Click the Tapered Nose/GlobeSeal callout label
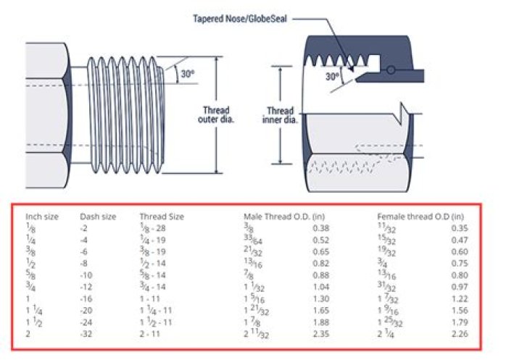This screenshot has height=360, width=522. (x=240, y=18)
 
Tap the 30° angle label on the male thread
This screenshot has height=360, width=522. (x=188, y=74)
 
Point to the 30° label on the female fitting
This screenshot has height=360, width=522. (x=333, y=77)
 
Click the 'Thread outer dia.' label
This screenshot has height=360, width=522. (x=216, y=114)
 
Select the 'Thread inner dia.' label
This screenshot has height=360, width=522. (x=280, y=115)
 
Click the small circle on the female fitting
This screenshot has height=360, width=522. (x=391, y=70)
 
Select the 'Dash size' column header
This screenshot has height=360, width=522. (x=98, y=217)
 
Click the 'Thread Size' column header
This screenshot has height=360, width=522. (x=162, y=217)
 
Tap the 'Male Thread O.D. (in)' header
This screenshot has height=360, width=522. (x=284, y=217)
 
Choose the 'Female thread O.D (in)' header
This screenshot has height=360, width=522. (x=420, y=217)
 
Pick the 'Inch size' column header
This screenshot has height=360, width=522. (x=42, y=217)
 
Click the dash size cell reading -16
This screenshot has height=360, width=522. (x=86, y=298)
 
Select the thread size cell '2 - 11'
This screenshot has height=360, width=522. (x=150, y=334)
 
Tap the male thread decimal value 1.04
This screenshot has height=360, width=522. (x=321, y=287)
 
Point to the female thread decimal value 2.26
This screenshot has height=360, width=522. (x=460, y=334)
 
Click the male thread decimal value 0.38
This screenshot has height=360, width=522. (x=321, y=228)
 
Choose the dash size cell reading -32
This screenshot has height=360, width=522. (x=86, y=334)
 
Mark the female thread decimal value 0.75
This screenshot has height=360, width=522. (x=460, y=263)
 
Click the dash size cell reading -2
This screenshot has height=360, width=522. (x=83, y=228)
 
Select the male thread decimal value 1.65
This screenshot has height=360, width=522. (x=321, y=311)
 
